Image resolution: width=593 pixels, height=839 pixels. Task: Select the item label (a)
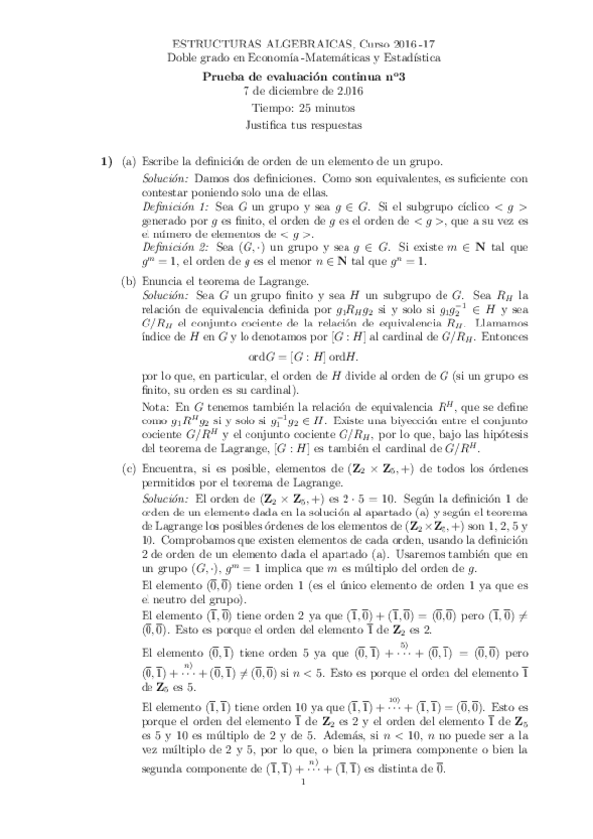click(129, 160)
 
